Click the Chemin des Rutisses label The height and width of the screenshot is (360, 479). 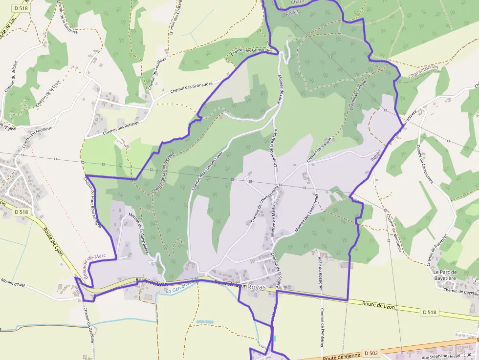[x=121, y=128]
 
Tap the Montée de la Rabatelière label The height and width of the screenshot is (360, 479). [x=138, y=233]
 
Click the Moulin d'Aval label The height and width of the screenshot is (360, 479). [x=13, y=283]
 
